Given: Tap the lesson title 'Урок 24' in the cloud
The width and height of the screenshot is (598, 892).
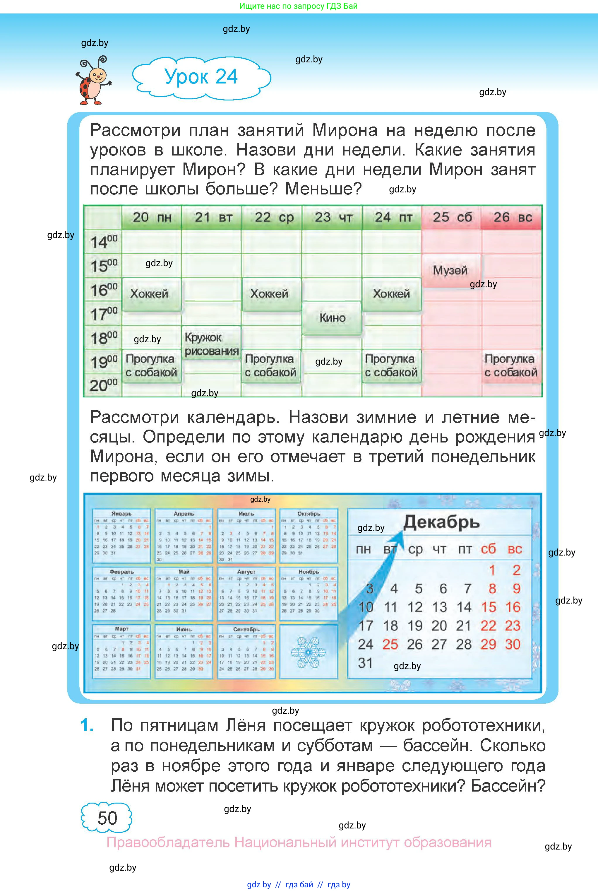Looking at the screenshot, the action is (201, 77).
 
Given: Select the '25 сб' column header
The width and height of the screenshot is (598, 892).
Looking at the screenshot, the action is (452, 218).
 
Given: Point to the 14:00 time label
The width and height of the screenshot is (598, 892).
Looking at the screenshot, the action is (103, 242).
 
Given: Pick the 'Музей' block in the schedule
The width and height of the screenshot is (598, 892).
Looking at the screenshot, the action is (450, 271).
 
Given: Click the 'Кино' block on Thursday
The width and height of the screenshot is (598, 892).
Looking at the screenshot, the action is (332, 317).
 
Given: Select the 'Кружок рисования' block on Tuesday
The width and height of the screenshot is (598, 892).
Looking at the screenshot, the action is (211, 344).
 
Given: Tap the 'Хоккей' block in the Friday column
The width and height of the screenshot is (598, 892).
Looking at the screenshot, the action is (391, 294).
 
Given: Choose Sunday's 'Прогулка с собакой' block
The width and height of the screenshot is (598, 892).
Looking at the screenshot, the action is (511, 365).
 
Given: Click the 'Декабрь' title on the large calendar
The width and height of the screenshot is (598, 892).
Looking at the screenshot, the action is (441, 522).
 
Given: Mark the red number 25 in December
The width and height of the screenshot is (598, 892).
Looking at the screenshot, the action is (390, 644).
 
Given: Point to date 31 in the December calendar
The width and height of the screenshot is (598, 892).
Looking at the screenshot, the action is (365, 663).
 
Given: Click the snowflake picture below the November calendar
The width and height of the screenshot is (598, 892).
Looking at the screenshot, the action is (308, 652).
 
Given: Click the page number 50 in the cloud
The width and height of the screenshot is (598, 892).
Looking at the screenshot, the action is (107, 818).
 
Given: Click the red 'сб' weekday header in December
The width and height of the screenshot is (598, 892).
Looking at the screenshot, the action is (488, 549).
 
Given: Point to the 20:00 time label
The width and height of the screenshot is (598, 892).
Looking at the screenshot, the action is (103, 385).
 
